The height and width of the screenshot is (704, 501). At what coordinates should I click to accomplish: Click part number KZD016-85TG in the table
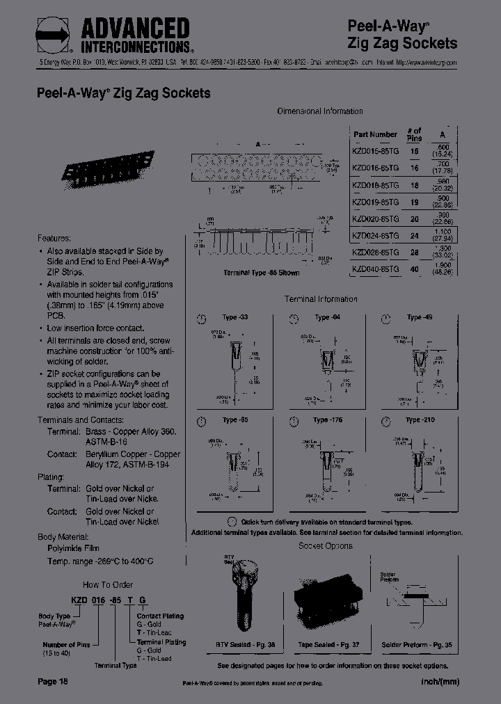click(375, 168)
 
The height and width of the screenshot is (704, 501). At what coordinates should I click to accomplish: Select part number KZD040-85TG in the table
click(375, 269)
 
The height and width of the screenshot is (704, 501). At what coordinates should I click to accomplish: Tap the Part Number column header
click(375, 134)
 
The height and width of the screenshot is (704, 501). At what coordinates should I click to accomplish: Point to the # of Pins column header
click(414, 134)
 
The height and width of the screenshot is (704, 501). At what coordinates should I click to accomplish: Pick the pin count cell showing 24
click(415, 235)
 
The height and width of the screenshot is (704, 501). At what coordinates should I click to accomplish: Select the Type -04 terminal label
click(327, 317)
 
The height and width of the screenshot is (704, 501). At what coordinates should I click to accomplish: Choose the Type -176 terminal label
click(327, 420)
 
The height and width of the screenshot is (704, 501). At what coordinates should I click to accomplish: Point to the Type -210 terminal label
click(420, 420)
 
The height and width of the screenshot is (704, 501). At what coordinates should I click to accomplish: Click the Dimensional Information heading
click(320, 111)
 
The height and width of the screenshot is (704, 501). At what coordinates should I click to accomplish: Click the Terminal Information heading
click(321, 299)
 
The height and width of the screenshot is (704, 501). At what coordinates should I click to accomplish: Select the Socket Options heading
click(325, 546)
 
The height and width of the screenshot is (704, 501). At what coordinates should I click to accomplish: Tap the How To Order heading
click(108, 585)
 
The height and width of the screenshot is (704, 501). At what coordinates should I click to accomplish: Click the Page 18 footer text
click(53, 682)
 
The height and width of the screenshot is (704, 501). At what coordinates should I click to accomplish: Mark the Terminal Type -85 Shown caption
click(262, 273)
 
